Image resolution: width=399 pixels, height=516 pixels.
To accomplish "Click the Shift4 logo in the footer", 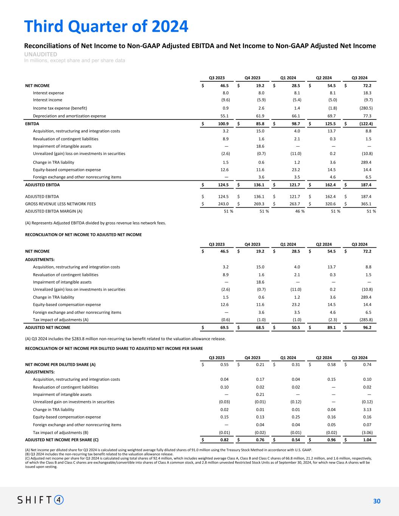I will tap(40, 500).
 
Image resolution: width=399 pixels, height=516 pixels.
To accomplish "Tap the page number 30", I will tap(376, 501).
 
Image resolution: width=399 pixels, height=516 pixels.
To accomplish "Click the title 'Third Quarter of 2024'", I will tap(106, 26).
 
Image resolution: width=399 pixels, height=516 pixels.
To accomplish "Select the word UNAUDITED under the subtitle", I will tap(41, 54).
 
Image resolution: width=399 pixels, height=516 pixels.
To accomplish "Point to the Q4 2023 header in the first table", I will tap(252, 78).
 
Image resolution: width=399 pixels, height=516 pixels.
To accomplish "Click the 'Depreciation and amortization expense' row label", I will tap(69, 116).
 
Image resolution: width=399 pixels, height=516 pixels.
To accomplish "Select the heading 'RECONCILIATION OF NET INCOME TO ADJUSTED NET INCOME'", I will tap(83, 235).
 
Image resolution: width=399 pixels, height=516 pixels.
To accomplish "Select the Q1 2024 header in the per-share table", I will tap(288, 358).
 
